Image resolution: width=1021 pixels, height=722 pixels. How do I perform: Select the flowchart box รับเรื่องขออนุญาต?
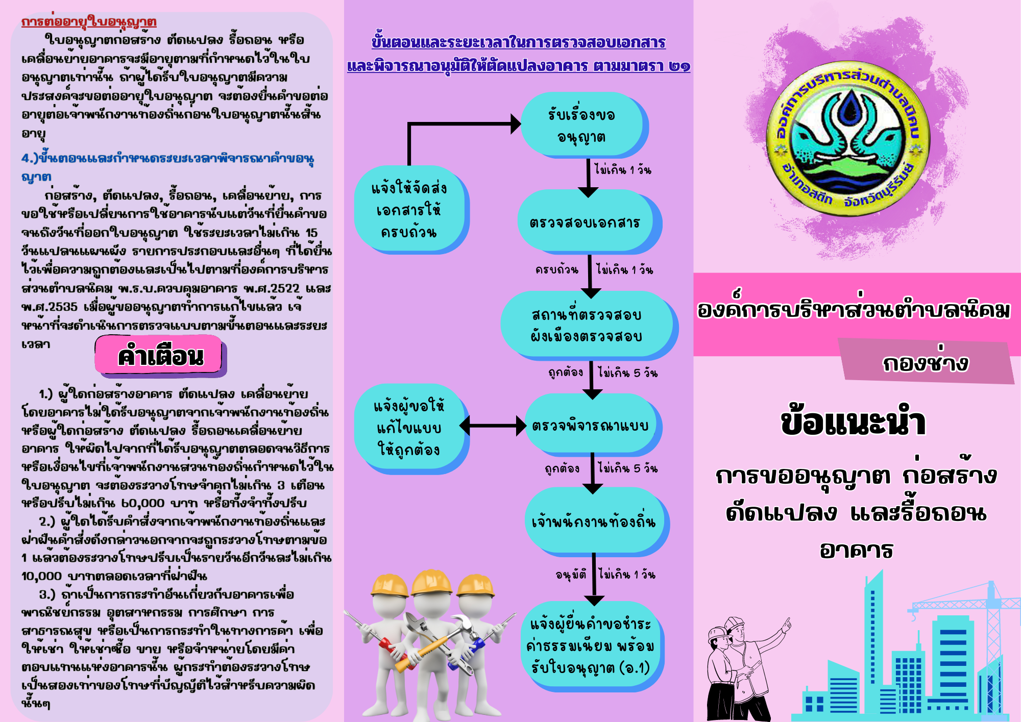(584, 125)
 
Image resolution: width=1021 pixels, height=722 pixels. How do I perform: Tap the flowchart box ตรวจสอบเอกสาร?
(590, 222)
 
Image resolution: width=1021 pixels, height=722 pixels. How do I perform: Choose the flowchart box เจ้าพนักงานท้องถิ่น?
(597, 521)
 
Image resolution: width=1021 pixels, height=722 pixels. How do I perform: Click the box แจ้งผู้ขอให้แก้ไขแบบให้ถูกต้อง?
(411, 428)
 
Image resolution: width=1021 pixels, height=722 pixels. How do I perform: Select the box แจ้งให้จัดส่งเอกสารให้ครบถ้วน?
(411, 210)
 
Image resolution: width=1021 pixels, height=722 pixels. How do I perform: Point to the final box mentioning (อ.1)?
(592, 646)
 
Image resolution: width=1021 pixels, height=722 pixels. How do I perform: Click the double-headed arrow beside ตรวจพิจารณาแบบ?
(492, 426)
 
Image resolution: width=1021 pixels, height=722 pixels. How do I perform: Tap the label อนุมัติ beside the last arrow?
(570, 575)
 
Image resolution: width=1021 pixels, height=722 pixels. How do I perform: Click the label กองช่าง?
(925, 362)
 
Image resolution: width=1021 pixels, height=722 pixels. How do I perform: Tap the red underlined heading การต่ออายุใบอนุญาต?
(89, 21)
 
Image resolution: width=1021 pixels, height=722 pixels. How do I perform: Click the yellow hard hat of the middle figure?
(431, 583)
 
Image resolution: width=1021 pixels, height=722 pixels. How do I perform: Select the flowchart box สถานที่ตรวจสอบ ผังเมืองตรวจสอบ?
(590, 325)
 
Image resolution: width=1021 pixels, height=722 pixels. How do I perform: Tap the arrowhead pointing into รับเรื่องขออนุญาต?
(516, 123)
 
